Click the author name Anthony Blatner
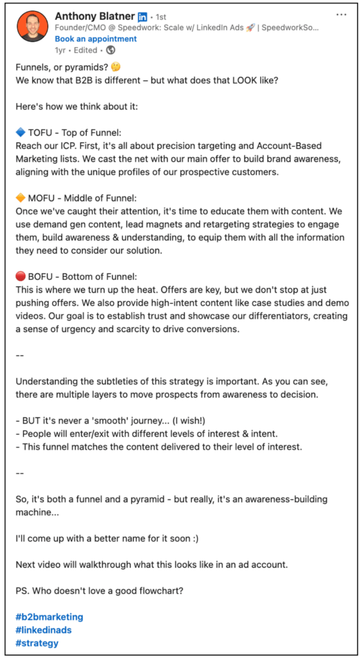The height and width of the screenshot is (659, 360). [93, 15]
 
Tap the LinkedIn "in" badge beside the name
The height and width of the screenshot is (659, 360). [142, 16]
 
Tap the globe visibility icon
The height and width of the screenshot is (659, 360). [111, 50]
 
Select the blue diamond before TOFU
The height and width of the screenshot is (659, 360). [20, 133]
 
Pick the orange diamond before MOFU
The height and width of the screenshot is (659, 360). [20, 198]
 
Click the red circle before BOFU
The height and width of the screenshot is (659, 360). [20, 275]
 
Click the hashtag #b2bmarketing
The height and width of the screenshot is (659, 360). [49, 617]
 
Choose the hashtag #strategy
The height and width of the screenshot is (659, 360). [37, 642]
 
